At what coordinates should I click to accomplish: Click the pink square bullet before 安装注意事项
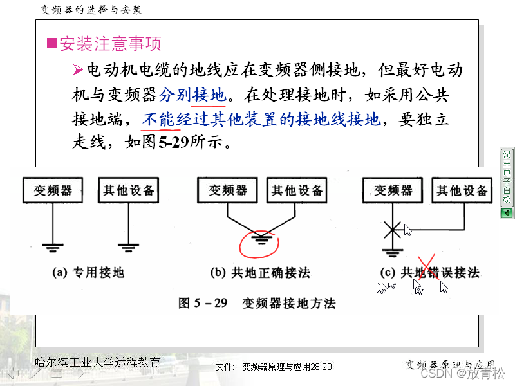tap(52, 44)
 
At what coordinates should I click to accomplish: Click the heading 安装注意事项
tap(110, 44)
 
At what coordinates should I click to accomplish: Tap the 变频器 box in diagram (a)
tap(53, 190)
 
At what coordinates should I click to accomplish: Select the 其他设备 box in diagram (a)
tap(129, 190)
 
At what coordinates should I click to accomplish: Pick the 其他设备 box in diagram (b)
tap(297, 190)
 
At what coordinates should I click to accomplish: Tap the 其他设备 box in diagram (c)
tap(462, 190)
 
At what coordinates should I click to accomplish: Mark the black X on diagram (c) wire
tap(392, 228)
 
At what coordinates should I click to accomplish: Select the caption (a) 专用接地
tap(88, 273)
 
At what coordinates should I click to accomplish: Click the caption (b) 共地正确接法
tap(260, 273)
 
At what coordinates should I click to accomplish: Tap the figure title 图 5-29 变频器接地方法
tap(257, 302)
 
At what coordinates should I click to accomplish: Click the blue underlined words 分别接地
tap(192, 95)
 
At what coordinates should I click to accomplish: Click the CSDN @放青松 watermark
tap(462, 373)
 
